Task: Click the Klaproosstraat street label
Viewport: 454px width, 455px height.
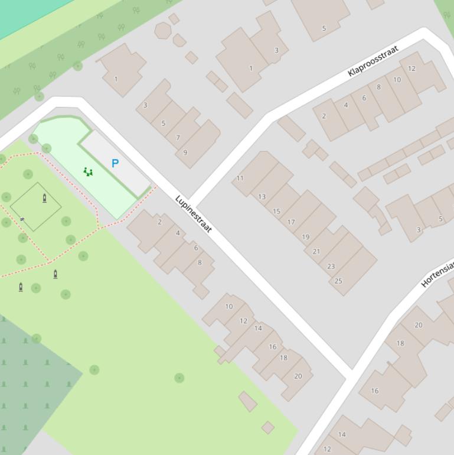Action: coord(373,61)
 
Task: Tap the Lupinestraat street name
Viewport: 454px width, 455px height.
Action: coord(194,213)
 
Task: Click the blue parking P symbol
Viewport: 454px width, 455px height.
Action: coord(115,163)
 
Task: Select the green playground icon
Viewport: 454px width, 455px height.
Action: coord(88,172)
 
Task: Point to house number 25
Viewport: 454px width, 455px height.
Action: coord(338,281)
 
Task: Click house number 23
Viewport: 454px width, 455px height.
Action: coord(331,266)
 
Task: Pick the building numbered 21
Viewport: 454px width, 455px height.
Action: coord(316,251)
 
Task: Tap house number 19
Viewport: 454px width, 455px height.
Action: coord(305,237)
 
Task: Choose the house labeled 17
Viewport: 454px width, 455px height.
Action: coord(290,222)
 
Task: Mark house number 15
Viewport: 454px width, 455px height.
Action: coord(276,211)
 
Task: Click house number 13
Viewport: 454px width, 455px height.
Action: coord(262,197)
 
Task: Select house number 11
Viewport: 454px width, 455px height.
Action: coord(240,178)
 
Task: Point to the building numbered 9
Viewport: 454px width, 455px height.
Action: coord(185,152)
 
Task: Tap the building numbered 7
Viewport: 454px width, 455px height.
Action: coord(177,138)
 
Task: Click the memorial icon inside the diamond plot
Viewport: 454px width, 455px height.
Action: coord(45,198)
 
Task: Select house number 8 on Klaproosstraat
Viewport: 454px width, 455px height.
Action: coord(378,87)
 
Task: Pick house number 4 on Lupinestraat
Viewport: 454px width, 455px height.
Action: coord(178,233)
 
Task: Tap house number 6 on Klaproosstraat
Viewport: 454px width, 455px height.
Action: coord(364,98)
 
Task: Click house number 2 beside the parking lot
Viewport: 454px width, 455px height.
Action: coord(159,222)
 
